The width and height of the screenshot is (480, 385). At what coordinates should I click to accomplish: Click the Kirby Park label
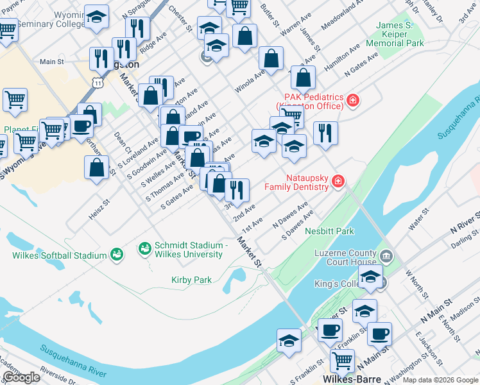click(191, 280)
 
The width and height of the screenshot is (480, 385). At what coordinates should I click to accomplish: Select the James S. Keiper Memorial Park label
click(395, 35)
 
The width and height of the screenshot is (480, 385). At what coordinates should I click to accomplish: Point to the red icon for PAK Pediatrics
click(352, 101)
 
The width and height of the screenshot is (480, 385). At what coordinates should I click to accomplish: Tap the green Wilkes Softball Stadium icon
click(116, 255)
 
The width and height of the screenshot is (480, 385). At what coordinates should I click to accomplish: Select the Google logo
click(22, 377)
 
